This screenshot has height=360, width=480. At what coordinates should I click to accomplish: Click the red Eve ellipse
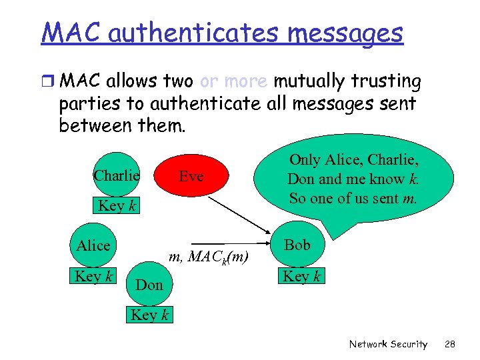191,176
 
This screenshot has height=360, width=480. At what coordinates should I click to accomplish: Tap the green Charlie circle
117,175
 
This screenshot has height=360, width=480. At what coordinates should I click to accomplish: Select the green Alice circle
93,245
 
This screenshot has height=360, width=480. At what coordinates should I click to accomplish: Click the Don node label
149,285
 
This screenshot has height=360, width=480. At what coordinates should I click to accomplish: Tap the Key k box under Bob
302,275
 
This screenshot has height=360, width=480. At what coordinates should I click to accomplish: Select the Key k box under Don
149,315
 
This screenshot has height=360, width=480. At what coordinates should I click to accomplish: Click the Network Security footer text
388,344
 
